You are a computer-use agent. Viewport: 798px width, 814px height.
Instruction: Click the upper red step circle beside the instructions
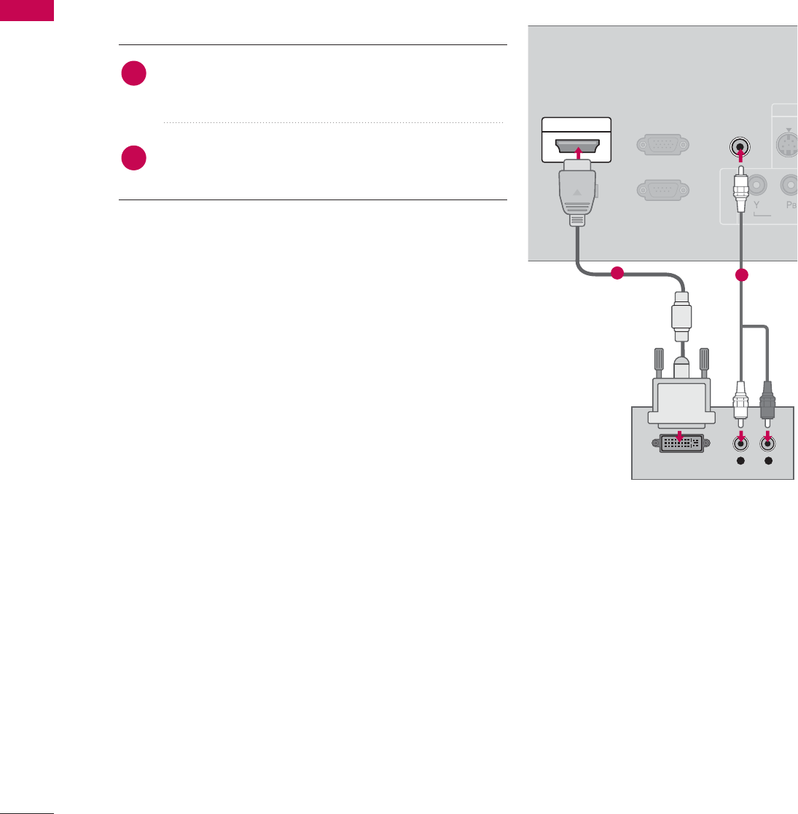(x=134, y=74)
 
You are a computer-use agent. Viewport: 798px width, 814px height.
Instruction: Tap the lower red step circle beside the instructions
(x=134, y=158)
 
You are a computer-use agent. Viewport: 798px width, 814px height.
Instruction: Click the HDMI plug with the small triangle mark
(x=576, y=193)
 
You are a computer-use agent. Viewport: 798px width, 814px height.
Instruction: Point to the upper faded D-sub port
(x=660, y=145)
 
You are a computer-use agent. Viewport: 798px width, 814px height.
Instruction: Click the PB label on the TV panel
(x=790, y=206)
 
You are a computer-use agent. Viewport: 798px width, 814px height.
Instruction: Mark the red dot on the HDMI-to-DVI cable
(x=617, y=274)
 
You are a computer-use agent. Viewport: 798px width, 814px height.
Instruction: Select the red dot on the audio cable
(x=741, y=275)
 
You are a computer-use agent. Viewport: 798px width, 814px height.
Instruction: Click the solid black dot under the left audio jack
(x=741, y=462)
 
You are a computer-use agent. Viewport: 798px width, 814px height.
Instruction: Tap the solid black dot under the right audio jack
(x=767, y=462)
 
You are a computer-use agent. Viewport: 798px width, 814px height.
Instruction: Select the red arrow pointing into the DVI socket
(x=680, y=435)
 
